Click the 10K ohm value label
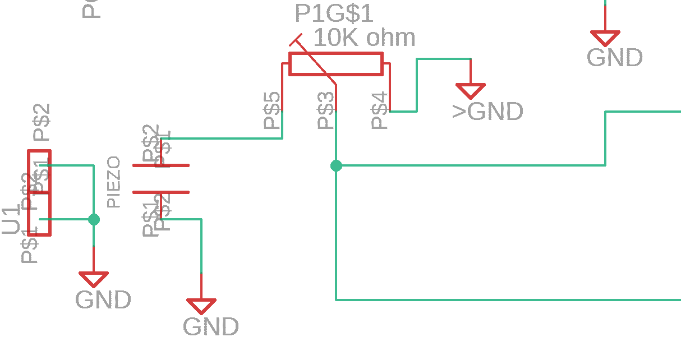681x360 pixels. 363,38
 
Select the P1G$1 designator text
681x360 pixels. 334,13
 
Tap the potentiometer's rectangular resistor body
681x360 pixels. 335,63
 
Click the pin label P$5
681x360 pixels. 272,110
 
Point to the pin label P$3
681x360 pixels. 326,110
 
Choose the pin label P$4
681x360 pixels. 380,110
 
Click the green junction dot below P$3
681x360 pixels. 336,165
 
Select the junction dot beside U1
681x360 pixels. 94,219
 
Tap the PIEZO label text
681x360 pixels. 114,182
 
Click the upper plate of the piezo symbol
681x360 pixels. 160,165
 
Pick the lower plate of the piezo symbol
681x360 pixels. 160,192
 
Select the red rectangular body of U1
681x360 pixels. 39,192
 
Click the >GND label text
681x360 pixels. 487,112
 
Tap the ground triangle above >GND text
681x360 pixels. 470,90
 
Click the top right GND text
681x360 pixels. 614,58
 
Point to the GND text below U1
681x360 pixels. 103,299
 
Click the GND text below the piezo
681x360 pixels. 210,326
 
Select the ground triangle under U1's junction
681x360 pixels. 94,279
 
